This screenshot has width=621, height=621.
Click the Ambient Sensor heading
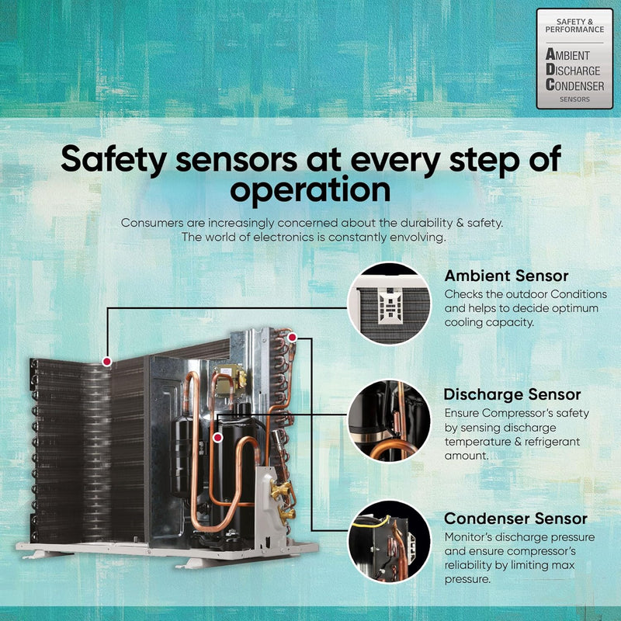click(506, 276)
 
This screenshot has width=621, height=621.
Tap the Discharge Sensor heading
click(512, 394)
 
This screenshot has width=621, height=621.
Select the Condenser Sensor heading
click(515, 519)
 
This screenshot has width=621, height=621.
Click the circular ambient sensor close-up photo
click(389, 304)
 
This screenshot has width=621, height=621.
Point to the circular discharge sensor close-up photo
click(389, 421)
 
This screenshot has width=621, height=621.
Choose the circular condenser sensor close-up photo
click(389, 542)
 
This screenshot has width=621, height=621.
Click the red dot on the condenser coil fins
click(107, 361)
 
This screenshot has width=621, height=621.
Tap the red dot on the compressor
click(217, 438)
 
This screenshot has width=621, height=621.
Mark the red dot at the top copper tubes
click(293, 338)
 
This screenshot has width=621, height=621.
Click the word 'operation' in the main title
click(310, 190)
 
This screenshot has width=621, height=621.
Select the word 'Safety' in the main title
click(113, 159)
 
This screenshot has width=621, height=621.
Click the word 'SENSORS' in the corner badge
click(574, 99)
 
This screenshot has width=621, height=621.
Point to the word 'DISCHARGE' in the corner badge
click(573, 71)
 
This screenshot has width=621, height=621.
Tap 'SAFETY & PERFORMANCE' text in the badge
click(574, 26)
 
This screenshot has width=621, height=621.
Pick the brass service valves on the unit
click(283, 500)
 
